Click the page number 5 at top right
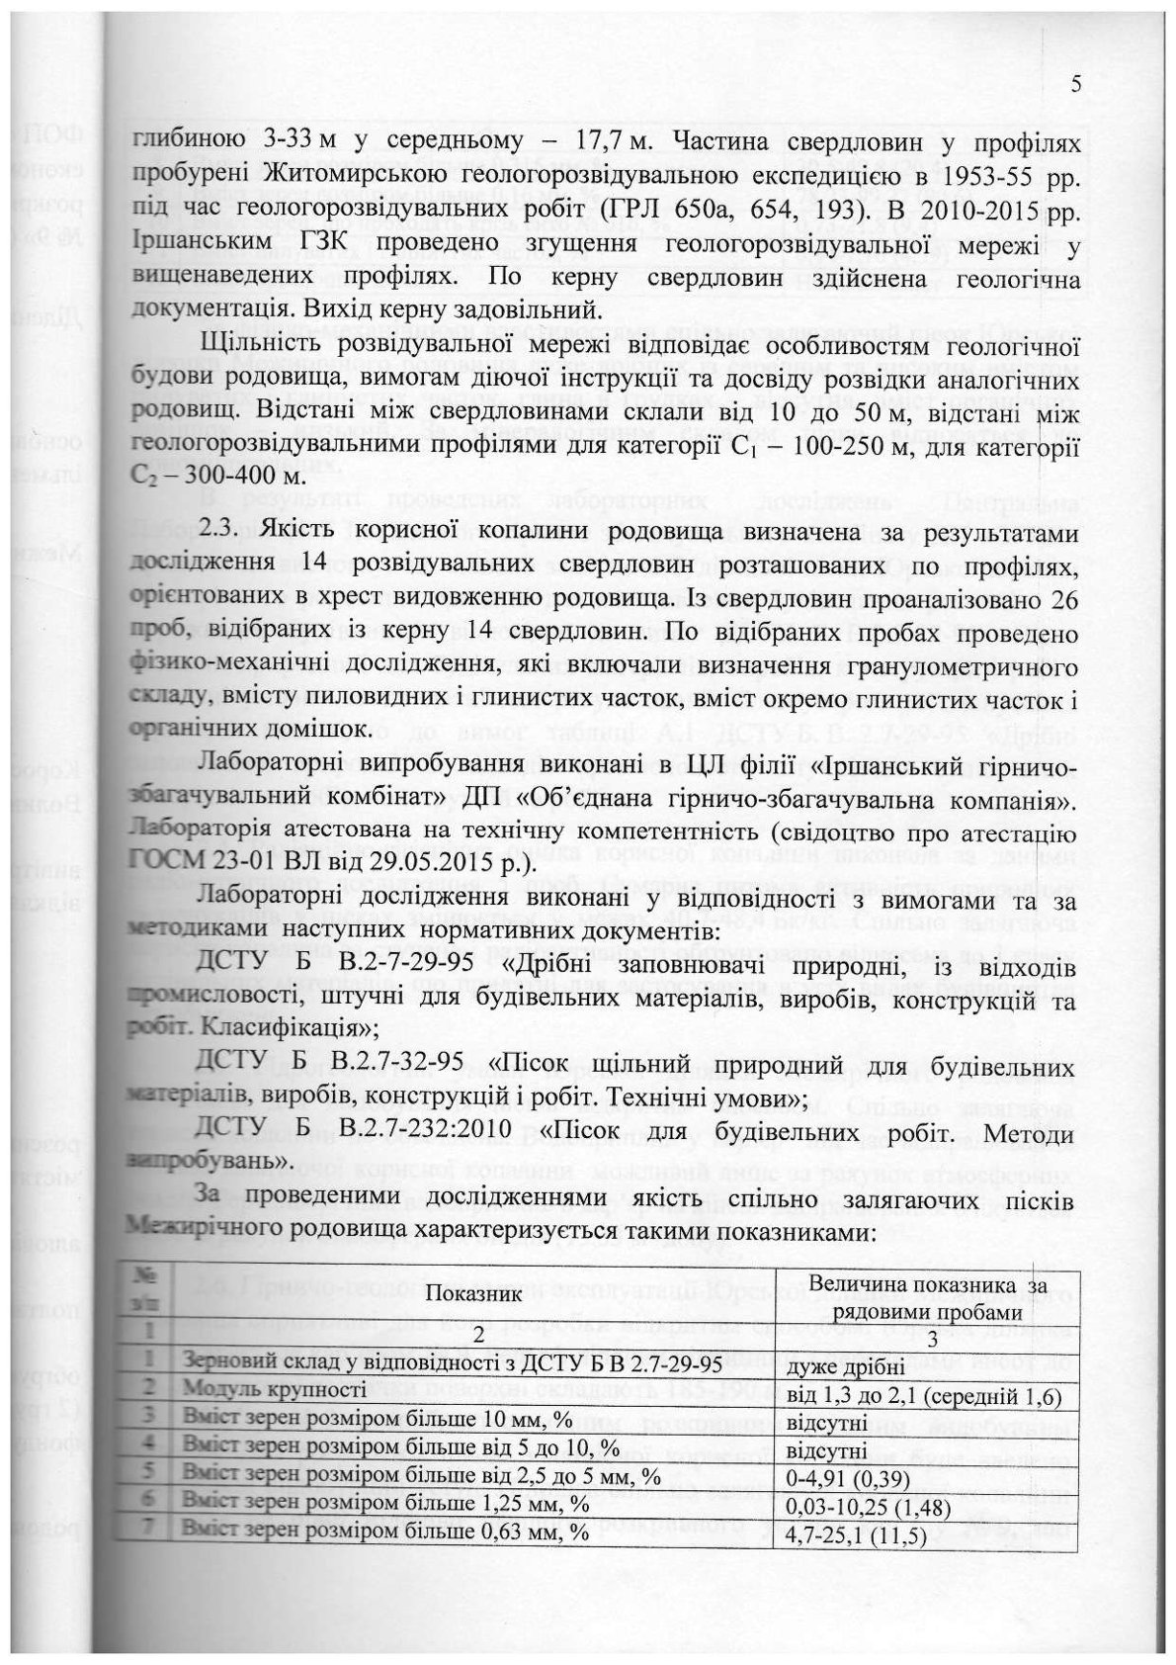1075,85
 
